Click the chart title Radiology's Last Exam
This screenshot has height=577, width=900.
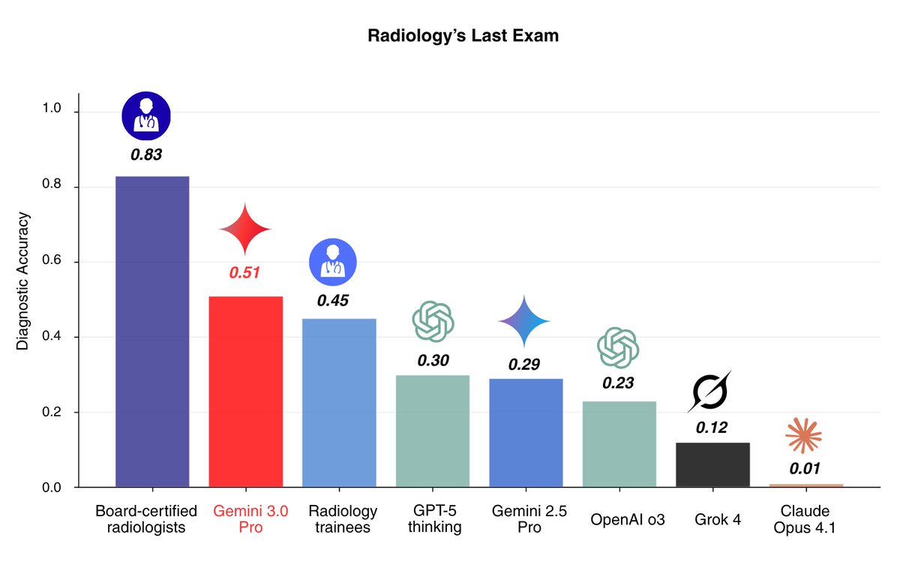point(463,36)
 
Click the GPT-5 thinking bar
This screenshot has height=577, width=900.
point(433,431)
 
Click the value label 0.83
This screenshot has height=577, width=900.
point(146,155)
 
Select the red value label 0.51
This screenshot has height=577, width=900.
point(244,272)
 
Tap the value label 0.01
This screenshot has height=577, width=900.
point(805,469)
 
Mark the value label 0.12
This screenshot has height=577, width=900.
point(711,428)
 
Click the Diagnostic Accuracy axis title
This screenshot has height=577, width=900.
point(23,281)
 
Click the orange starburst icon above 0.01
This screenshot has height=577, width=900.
point(804,436)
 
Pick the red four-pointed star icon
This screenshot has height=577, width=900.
point(245,228)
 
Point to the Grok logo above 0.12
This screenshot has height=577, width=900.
point(710,391)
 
